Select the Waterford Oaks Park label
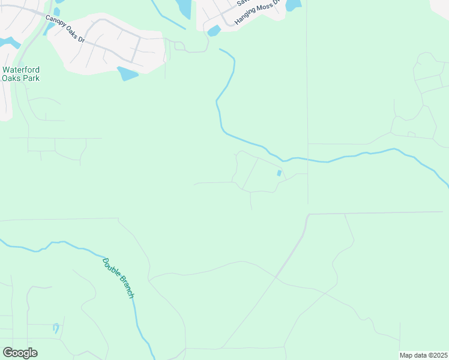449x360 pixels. [22, 73]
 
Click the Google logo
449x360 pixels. [20, 353]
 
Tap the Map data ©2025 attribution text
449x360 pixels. [423, 355]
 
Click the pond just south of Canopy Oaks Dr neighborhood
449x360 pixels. [127, 74]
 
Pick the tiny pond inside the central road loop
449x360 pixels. [279, 173]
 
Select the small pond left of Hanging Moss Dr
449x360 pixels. [214, 31]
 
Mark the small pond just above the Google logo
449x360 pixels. [56, 328]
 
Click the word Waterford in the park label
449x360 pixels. [22, 69]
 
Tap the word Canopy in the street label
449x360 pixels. [55, 23]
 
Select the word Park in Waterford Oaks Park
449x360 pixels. [31, 78]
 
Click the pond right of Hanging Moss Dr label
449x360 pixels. [293, 5]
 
